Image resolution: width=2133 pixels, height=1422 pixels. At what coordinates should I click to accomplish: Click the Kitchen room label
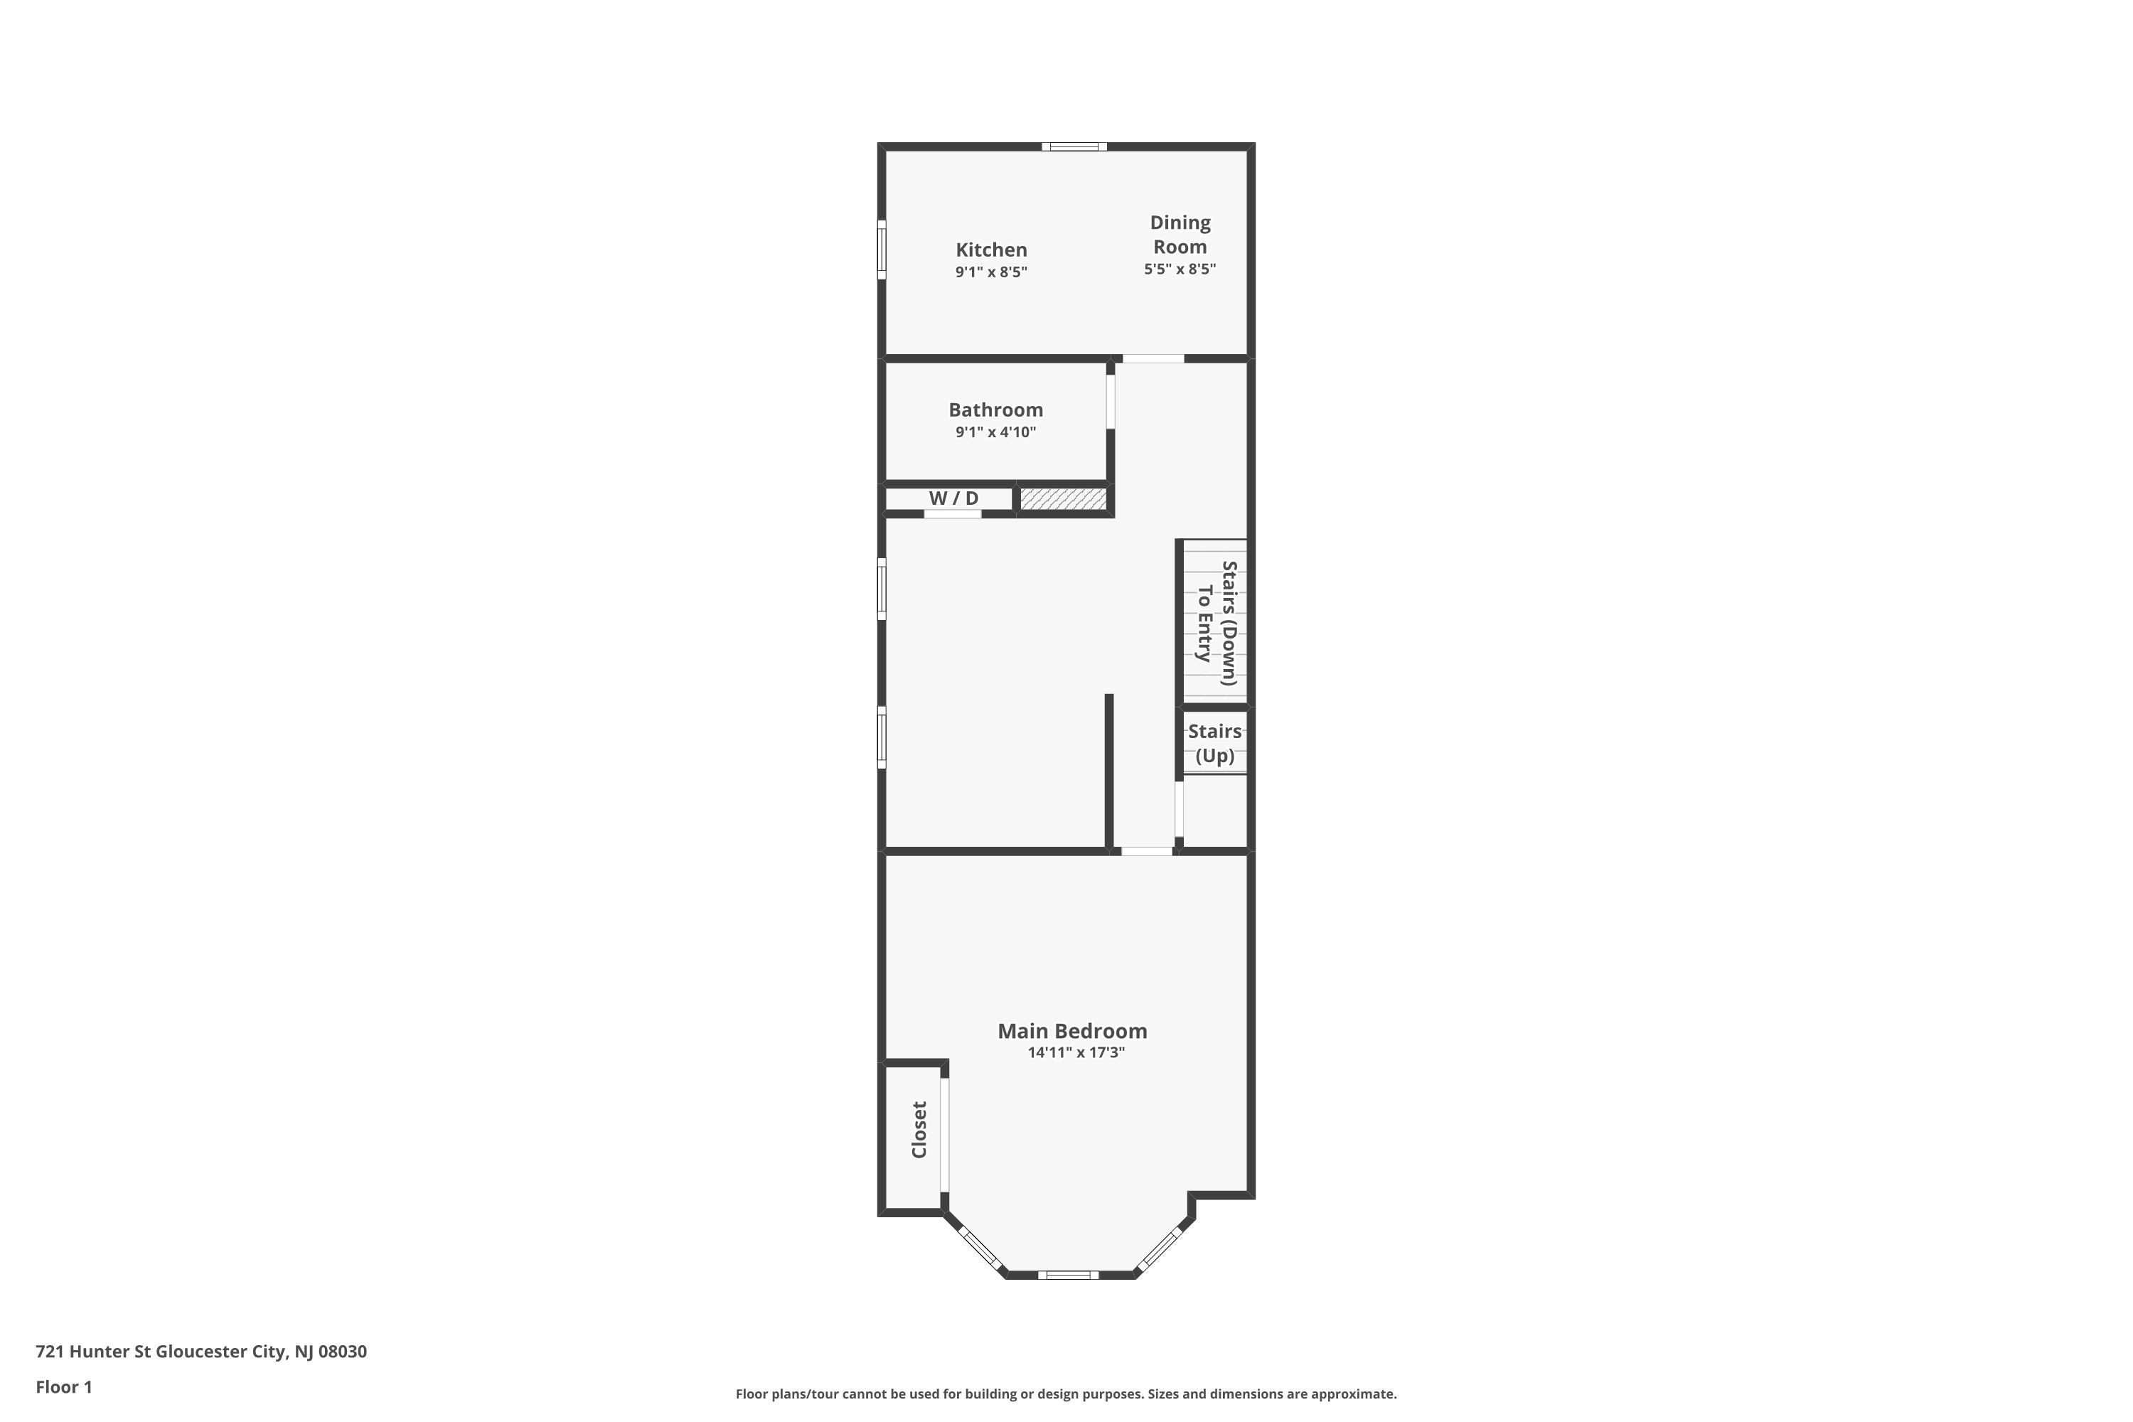click(991, 250)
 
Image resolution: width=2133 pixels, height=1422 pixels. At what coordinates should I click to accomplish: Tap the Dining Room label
click(1180, 234)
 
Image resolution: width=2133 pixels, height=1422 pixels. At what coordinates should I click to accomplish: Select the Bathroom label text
click(996, 410)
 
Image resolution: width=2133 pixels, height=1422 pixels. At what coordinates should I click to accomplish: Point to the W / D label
click(953, 498)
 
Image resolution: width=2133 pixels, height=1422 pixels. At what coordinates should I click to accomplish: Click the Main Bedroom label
click(1072, 1030)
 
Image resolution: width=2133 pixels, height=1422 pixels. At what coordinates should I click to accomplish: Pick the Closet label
click(919, 1130)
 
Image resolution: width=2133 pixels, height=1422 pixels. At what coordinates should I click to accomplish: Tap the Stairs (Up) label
click(1214, 743)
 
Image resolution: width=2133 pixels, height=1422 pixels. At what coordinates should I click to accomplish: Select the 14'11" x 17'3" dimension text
click(1076, 1053)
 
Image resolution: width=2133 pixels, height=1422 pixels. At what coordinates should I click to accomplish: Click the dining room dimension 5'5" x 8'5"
click(1179, 269)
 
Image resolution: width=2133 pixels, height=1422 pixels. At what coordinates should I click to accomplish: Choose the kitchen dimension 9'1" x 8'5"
click(990, 272)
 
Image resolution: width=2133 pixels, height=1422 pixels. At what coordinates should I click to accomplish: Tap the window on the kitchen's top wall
click(1074, 146)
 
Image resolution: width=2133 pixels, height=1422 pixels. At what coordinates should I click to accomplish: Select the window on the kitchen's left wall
click(881, 250)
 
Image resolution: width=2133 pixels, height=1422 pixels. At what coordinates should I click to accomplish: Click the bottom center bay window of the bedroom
click(1069, 1275)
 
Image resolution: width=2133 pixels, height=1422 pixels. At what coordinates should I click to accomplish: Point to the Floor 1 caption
click(63, 1386)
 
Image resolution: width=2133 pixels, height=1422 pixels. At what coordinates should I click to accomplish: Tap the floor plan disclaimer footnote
click(1066, 1394)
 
